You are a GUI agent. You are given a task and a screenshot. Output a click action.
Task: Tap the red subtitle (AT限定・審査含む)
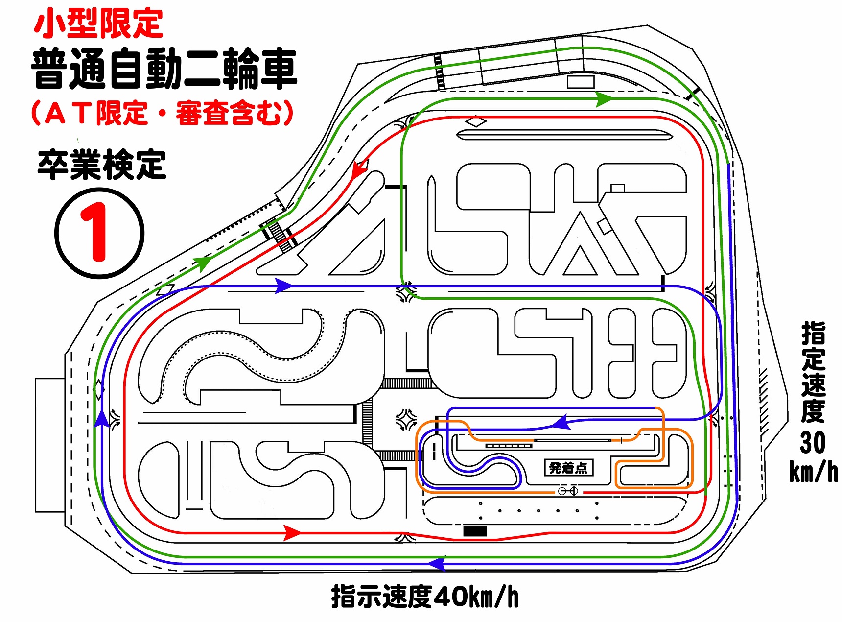pyautogui.click(x=162, y=113)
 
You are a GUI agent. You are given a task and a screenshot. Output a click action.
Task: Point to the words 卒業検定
pyautogui.click(x=102, y=165)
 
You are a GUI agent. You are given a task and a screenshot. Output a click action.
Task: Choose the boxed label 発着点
pyautogui.click(x=568, y=468)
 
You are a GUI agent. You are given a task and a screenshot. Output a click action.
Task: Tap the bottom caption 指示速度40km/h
pyautogui.click(x=424, y=597)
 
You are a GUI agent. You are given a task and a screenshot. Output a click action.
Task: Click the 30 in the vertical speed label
pyautogui.click(x=813, y=443)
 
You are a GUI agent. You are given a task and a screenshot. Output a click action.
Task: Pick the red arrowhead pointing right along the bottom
pyautogui.click(x=292, y=532)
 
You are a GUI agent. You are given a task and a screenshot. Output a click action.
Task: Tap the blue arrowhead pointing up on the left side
pyautogui.click(x=101, y=419)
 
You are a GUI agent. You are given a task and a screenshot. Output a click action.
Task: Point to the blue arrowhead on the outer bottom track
pyautogui.click(x=437, y=564)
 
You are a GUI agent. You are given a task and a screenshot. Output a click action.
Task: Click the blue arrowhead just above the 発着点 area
pyautogui.click(x=561, y=422)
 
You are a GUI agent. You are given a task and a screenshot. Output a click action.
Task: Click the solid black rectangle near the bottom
pyautogui.click(x=475, y=531)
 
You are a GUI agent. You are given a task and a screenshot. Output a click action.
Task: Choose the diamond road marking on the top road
pyautogui.click(x=475, y=121)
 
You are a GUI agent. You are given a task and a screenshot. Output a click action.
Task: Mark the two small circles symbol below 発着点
pyautogui.click(x=568, y=491)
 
